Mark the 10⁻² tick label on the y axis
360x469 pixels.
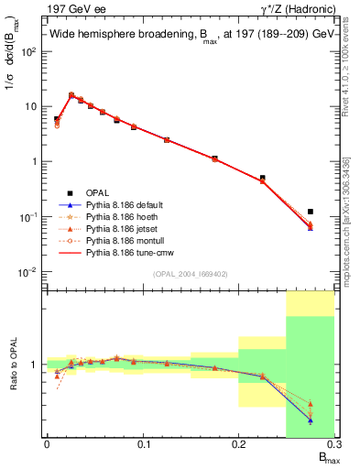pos(27,272)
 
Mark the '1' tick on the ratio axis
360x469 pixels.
pos(34,365)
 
